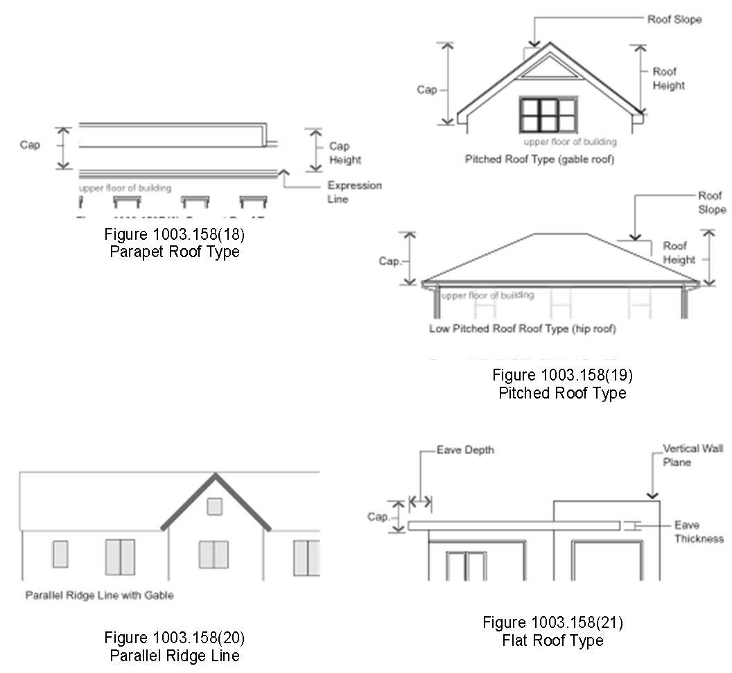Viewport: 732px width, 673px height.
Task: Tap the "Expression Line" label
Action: (354, 192)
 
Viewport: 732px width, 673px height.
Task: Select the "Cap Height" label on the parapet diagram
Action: (345, 152)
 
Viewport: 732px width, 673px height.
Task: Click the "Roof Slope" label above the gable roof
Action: (674, 19)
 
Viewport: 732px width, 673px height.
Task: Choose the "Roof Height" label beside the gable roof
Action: (668, 78)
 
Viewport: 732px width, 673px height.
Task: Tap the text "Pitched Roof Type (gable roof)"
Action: (539, 159)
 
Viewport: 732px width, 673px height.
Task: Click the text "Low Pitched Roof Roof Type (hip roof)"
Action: (522, 329)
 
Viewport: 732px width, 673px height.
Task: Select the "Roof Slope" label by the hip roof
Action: (711, 202)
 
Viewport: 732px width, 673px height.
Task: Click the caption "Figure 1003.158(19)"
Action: (562, 376)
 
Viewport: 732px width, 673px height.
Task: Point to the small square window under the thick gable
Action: (215, 507)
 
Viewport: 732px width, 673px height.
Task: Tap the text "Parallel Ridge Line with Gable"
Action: (99, 595)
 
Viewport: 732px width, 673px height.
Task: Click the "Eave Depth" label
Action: (465, 450)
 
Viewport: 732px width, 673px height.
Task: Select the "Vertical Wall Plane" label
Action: (692, 455)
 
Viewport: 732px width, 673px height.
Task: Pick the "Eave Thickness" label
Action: (698, 532)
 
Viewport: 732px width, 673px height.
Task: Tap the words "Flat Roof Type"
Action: (552, 640)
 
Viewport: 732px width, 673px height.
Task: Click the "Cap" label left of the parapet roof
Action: (30, 146)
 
